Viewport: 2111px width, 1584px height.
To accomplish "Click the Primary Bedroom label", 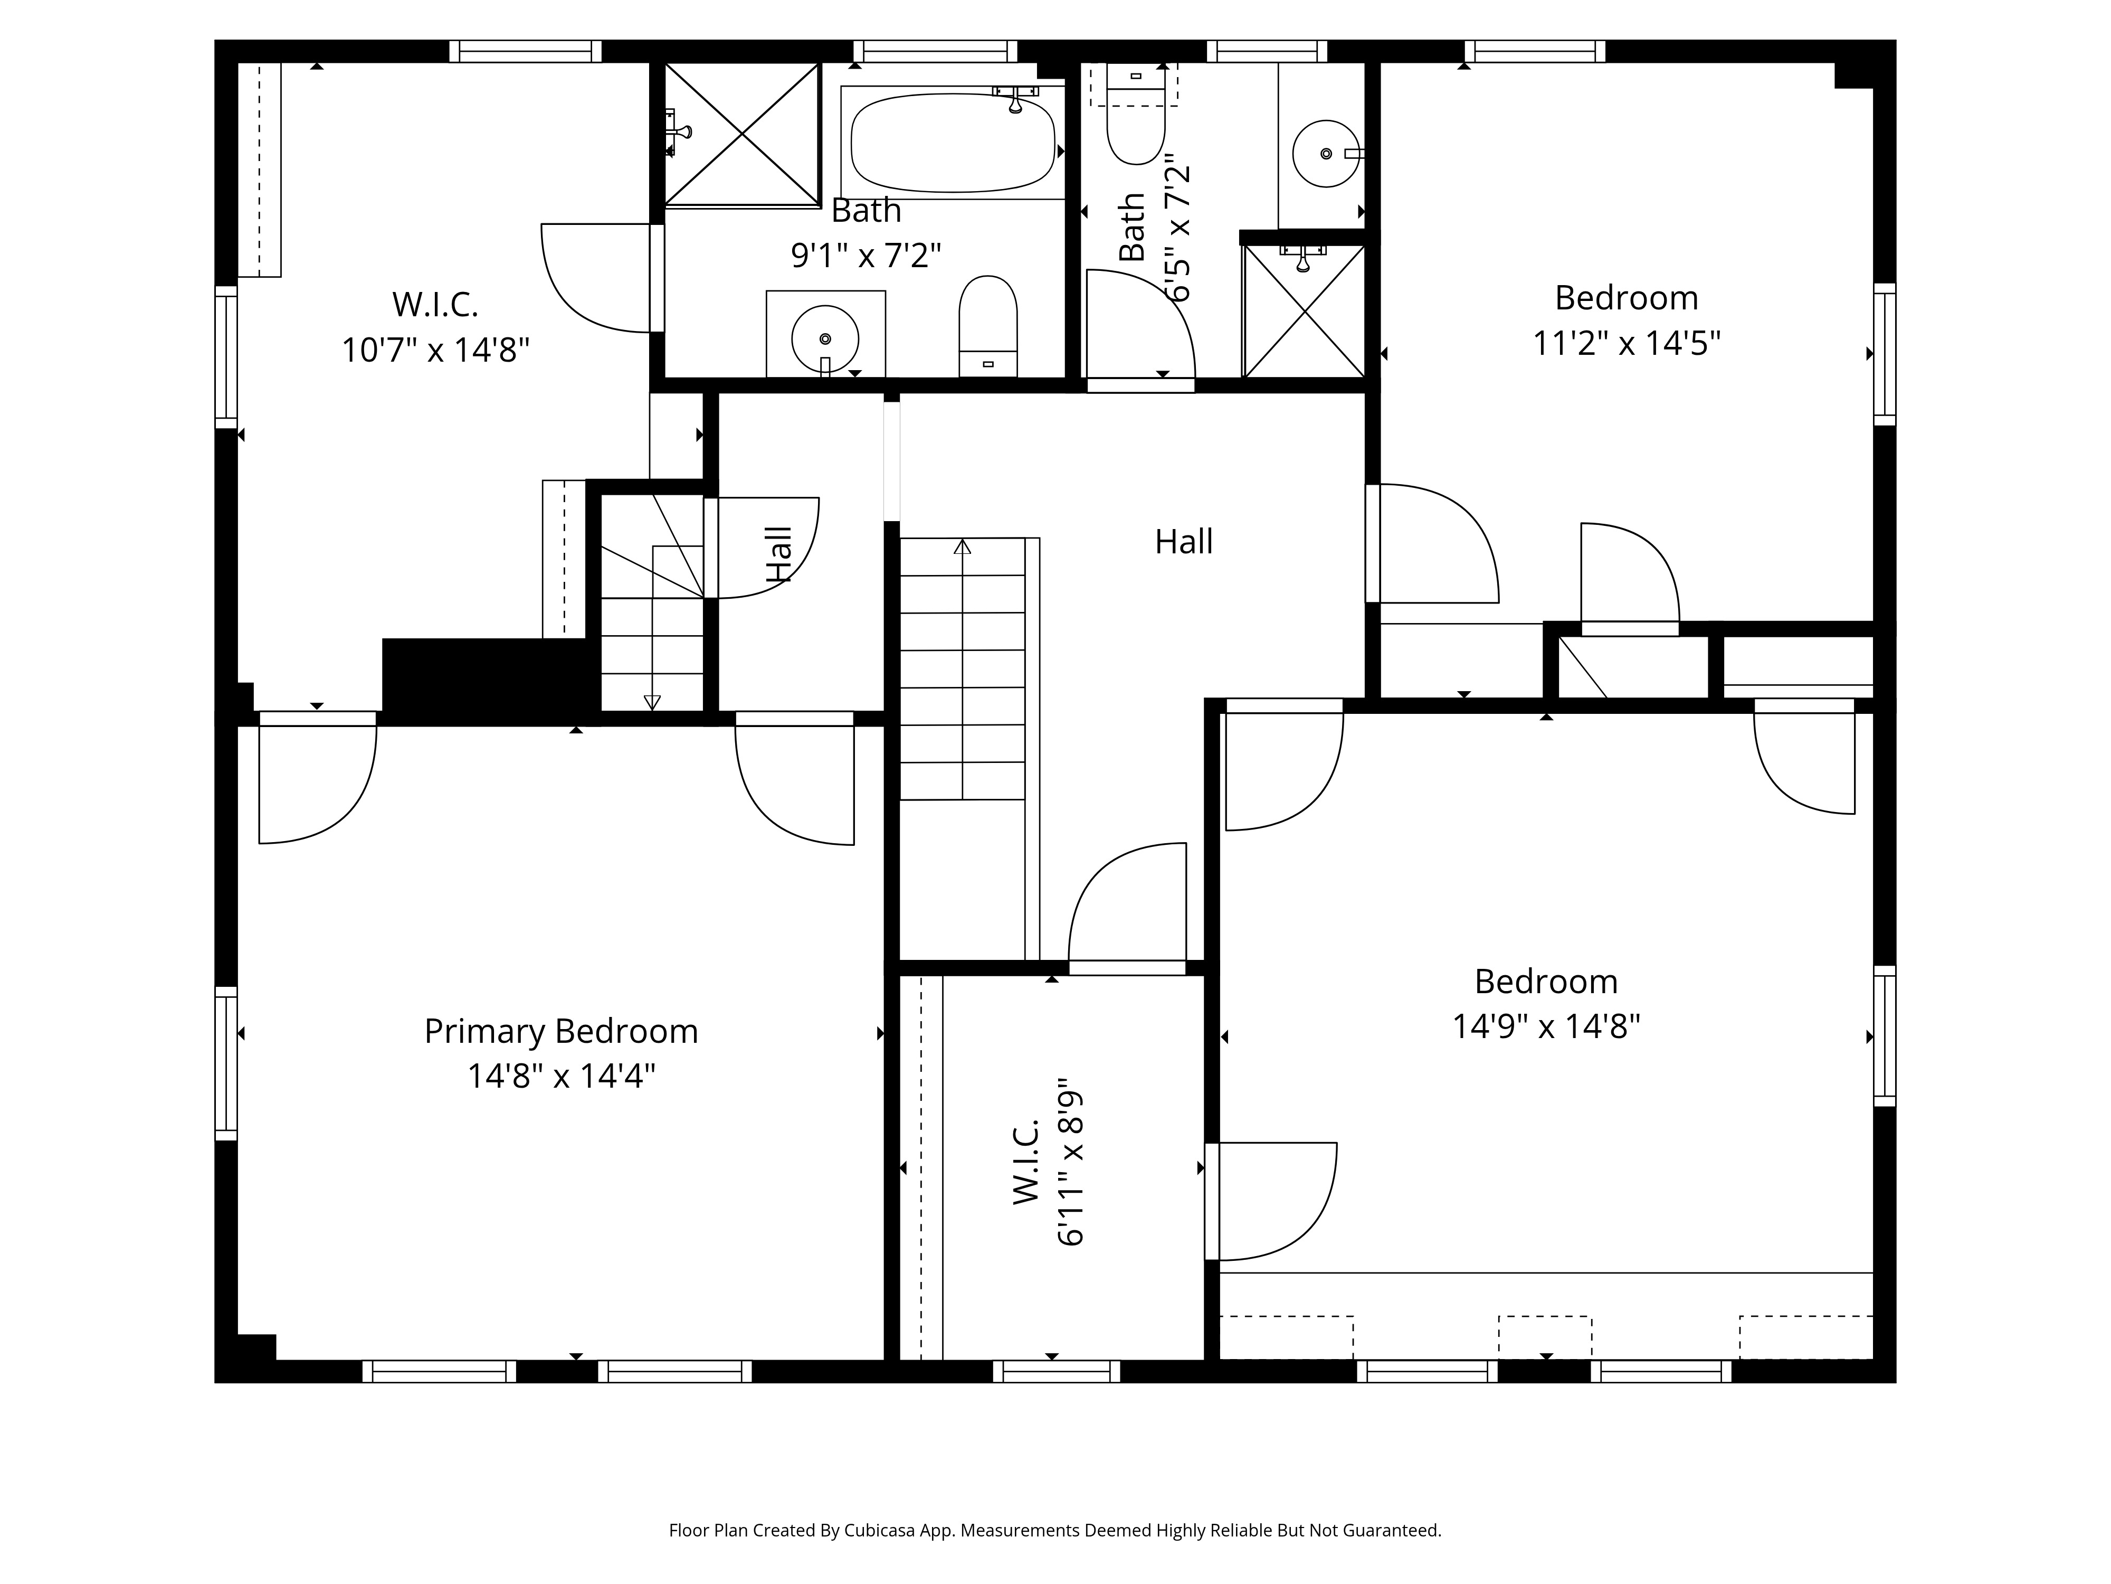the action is click(x=561, y=1031).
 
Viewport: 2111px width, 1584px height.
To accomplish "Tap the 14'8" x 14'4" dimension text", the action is click(x=561, y=1076).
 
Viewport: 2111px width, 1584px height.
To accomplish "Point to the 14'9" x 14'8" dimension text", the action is click(x=1546, y=1026).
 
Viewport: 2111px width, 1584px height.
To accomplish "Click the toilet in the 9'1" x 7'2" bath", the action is click(x=988, y=326).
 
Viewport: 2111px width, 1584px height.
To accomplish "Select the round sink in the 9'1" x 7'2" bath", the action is click(x=824, y=338).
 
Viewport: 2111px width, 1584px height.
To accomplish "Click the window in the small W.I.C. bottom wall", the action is click(x=1057, y=1371).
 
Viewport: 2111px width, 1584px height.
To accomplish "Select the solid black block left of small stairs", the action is click(x=485, y=675).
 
